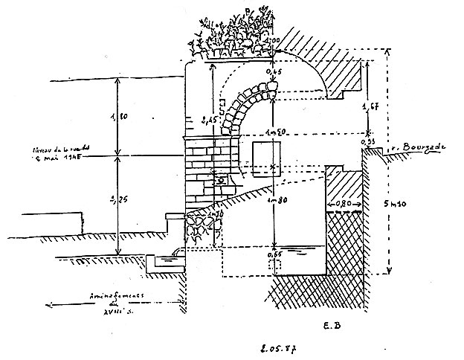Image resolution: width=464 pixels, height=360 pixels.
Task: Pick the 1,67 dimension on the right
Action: [370, 109]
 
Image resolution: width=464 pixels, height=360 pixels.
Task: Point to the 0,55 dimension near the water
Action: [275, 257]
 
